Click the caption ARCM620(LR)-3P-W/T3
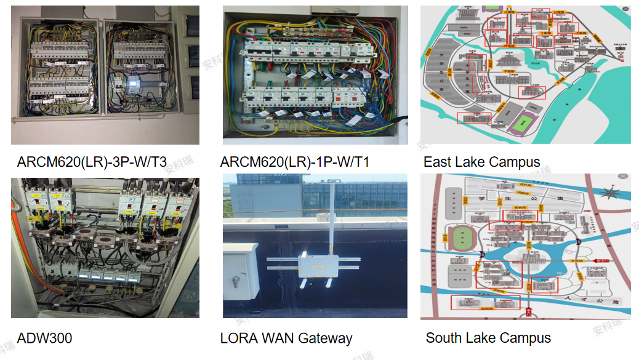92,162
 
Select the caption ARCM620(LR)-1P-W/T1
294,162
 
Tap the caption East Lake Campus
481,162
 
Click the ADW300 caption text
44,338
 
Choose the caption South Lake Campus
488,338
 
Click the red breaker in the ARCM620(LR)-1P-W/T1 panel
342,96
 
